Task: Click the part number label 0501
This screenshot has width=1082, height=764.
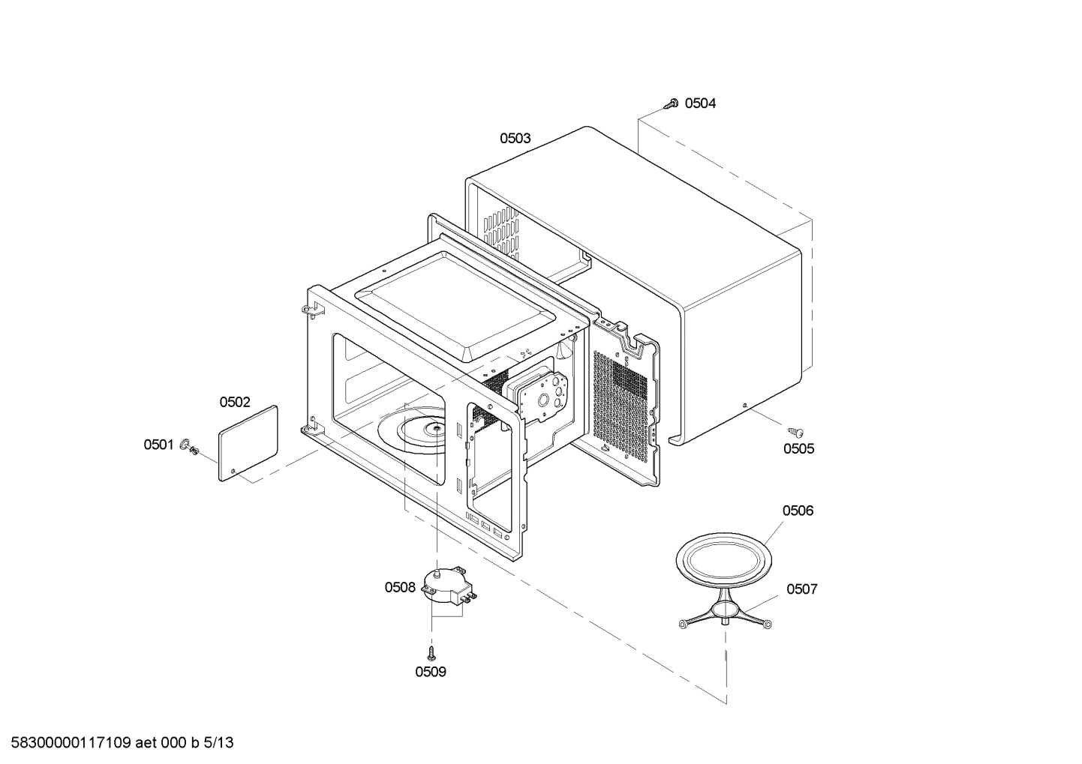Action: click(x=158, y=445)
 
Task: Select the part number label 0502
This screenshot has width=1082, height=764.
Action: click(x=235, y=403)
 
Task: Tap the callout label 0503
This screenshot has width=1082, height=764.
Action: click(x=515, y=138)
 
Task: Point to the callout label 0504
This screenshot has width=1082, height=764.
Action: click(x=700, y=103)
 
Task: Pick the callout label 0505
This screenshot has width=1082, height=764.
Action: click(x=798, y=449)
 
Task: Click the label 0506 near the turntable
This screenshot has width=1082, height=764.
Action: click(x=798, y=511)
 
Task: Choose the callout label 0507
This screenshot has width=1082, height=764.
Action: click(x=801, y=589)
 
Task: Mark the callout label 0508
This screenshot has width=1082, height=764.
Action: click(x=400, y=588)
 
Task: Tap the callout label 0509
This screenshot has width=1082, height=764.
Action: click(x=431, y=672)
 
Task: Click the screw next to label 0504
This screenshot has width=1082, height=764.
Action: click(x=672, y=103)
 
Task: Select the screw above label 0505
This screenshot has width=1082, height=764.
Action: click(x=795, y=432)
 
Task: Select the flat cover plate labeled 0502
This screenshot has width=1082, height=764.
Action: click(x=248, y=443)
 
